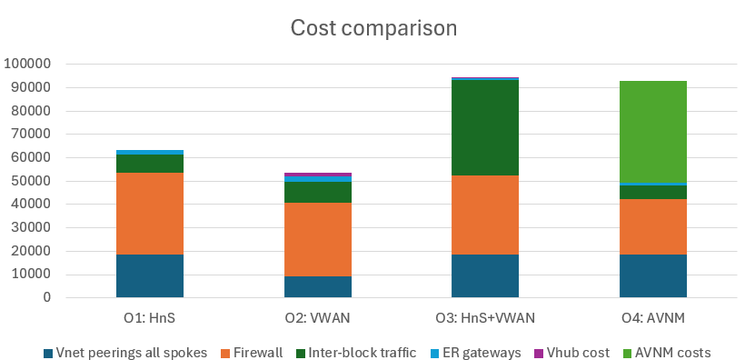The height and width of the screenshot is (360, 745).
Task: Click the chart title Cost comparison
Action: (372, 28)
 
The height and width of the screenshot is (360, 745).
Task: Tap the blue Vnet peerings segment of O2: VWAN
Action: (318, 286)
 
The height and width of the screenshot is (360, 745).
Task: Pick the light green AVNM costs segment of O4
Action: (653, 132)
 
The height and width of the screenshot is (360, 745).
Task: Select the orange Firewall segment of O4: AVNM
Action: (653, 226)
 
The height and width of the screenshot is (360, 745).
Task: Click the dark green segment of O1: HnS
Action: (150, 163)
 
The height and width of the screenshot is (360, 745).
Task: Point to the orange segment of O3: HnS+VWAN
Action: (485, 215)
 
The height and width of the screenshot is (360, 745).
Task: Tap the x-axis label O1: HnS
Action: (150, 317)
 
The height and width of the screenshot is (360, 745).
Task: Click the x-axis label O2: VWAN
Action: (318, 317)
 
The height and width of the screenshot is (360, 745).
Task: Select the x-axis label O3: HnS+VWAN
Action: (485, 317)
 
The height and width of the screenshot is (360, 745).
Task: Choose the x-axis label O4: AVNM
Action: (653, 317)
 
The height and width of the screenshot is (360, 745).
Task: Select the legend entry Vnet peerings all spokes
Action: (128, 352)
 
